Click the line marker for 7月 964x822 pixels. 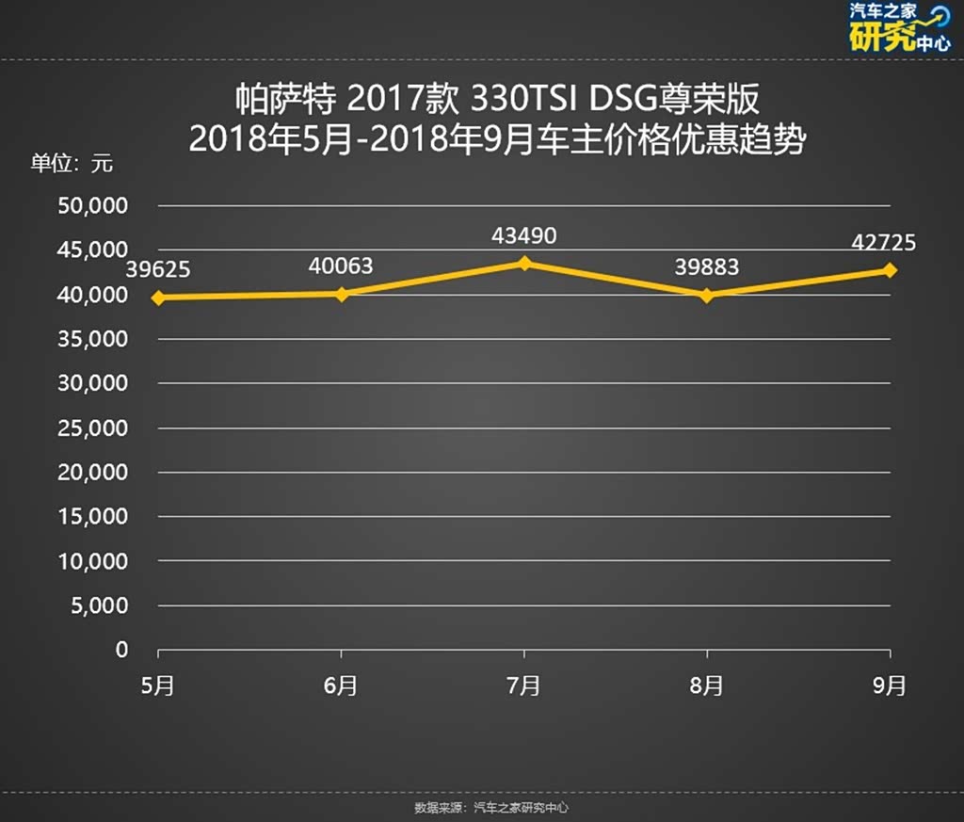click(524, 264)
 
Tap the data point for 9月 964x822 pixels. click(890, 270)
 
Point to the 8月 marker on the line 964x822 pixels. click(707, 296)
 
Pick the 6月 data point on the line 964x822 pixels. click(342, 294)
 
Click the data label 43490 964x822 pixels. click(524, 235)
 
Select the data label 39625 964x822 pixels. click(158, 269)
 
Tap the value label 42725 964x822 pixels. click(884, 243)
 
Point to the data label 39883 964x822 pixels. click(707, 267)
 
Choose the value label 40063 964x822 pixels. click(341, 266)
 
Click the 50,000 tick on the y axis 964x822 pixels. click(93, 205)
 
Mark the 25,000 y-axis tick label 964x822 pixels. click(93, 427)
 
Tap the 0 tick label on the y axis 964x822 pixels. click(121, 650)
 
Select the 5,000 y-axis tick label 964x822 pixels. click(99, 605)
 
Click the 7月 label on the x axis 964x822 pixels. click(524, 686)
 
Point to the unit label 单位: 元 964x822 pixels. click(71, 163)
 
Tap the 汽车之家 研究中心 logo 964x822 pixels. click(898, 28)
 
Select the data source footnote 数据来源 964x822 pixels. click(491, 808)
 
